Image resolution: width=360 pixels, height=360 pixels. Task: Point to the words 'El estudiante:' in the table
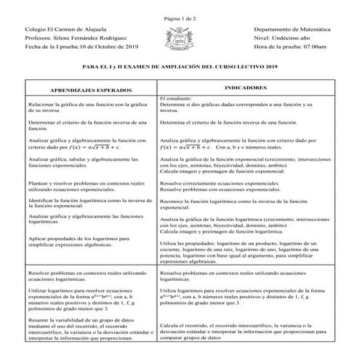point(177,98)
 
